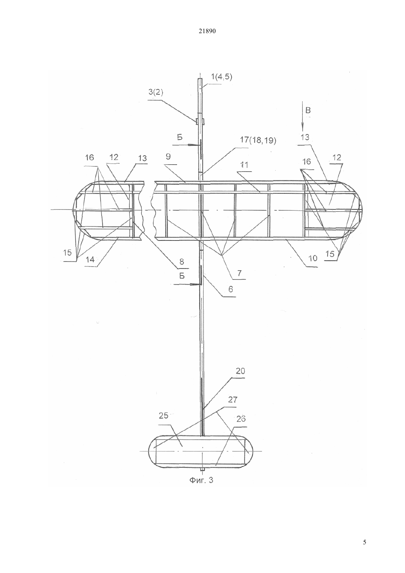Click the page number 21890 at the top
pyautogui.click(x=207, y=31)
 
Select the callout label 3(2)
pyautogui.click(x=155, y=92)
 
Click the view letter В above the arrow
pyautogui.click(x=308, y=110)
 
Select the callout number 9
pyautogui.click(x=168, y=157)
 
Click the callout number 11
pyautogui.click(x=244, y=165)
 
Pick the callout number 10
pyautogui.click(x=313, y=258)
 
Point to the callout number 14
pyautogui.click(x=90, y=260)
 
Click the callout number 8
pyautogui.click(x=182, y=261)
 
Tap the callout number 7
pyautogui.click(x=239, y=273)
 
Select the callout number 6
pyautogui.click(x=230, y=289)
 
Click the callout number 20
pyautogui.click(x=240, y=371)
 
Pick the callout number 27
pyautogui.click(x=233, y=400)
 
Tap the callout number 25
pyautogui.click(x=163, y=416)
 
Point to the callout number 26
pyautogui.click(x=241, y=419)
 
